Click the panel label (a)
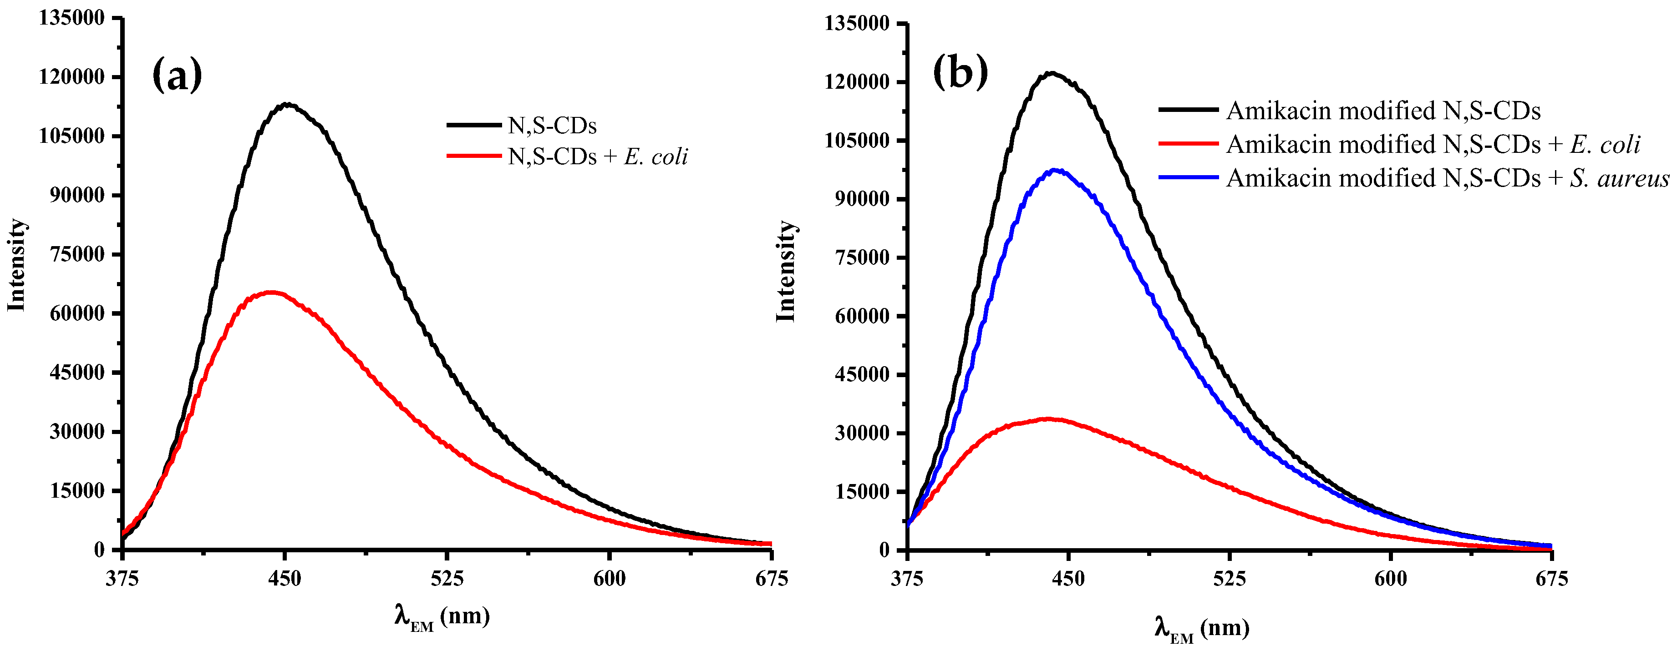coord(177,75)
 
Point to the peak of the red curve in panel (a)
coord(271,293)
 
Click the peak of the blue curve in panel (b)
coord(1055,171)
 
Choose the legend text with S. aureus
coord(1447,177)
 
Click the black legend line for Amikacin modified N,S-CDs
coord(1188,110)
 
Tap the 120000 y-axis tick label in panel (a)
coord(71,77)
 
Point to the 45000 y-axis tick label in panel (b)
coord(861,374)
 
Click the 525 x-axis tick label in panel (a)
coord(447,578)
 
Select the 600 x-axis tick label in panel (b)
coord(1391,578)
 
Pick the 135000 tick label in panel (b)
coord(856,23)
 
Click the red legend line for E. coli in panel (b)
coord(1188,143)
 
